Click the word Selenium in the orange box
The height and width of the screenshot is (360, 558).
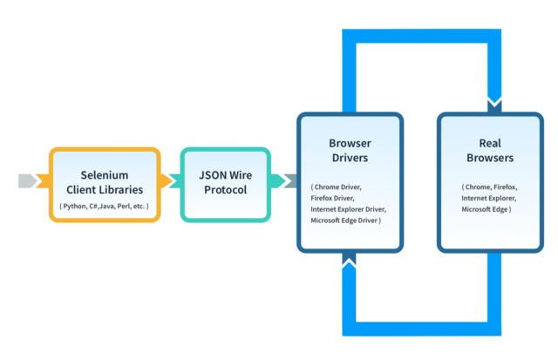pos(105,173)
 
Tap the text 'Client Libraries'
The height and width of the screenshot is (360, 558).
pos(105,189)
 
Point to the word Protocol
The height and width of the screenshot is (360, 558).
pos(225,189)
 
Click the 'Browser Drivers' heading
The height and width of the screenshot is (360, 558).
pos(349,150)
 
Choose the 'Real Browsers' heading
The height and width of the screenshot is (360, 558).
pos(489,150)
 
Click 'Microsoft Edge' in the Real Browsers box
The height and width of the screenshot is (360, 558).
pos(487,209)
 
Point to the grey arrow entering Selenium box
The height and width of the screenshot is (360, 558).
pos(29,181)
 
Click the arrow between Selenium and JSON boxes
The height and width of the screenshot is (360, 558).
pos(170,181)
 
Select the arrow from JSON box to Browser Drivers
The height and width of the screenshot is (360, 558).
pos(284,181)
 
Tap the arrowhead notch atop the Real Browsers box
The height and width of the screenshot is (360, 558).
pos(494,105)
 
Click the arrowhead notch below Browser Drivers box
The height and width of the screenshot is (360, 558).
pos(349,260)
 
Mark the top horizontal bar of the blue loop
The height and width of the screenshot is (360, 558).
pos(421,36)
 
